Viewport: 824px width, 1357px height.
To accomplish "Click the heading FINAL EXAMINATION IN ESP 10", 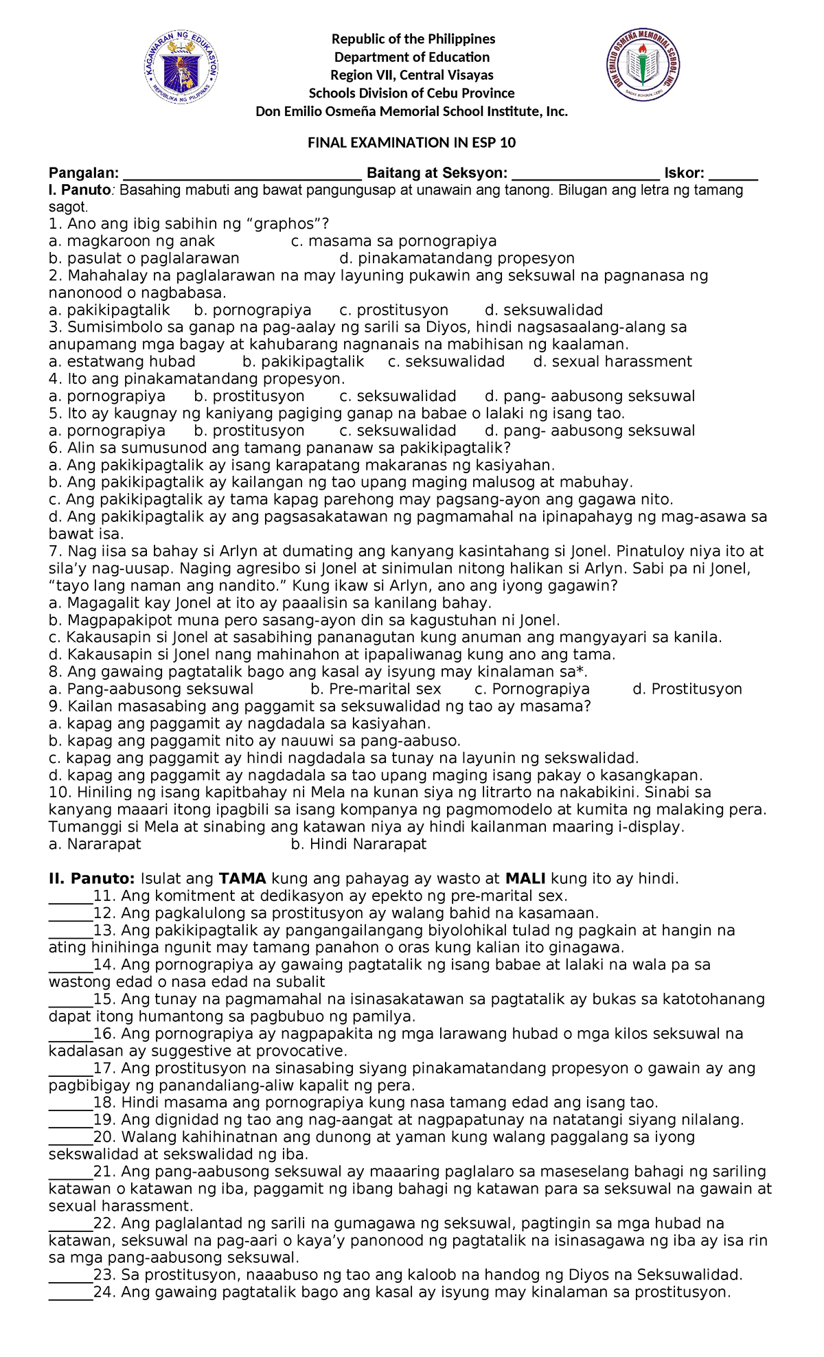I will (411, 143).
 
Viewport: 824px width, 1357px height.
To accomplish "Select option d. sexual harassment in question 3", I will (613, 362).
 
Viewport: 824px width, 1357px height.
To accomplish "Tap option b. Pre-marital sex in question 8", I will (376, 689).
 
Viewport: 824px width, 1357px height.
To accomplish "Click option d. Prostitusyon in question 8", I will (687, 689).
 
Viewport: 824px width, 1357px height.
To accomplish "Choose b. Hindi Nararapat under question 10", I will (358, 845).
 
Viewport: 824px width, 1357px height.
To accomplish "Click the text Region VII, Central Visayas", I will (411, 75).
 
